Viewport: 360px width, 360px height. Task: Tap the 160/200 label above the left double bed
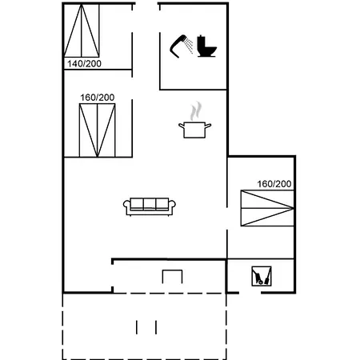pyautogui.click(x=97, y=98)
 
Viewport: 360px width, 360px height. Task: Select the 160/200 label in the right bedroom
pyautogui.click(x=274, y=184)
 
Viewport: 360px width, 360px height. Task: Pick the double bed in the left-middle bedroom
pyautogui.click(x=97, y=129)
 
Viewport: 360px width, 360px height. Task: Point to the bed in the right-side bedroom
pyautogui.click(x=267, y=209)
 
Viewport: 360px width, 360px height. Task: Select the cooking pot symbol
pyautogui.click(x=194, y=129)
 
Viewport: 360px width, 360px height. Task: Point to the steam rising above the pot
pyautogui.click(x=194, y=110)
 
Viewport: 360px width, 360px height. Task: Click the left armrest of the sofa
pyautogui.click(x=127, y=207)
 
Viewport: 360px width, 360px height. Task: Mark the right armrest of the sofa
pyautogui.click(x=174, y=207)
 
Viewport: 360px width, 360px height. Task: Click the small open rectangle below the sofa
pyautogui.click(x=173, y=277)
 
